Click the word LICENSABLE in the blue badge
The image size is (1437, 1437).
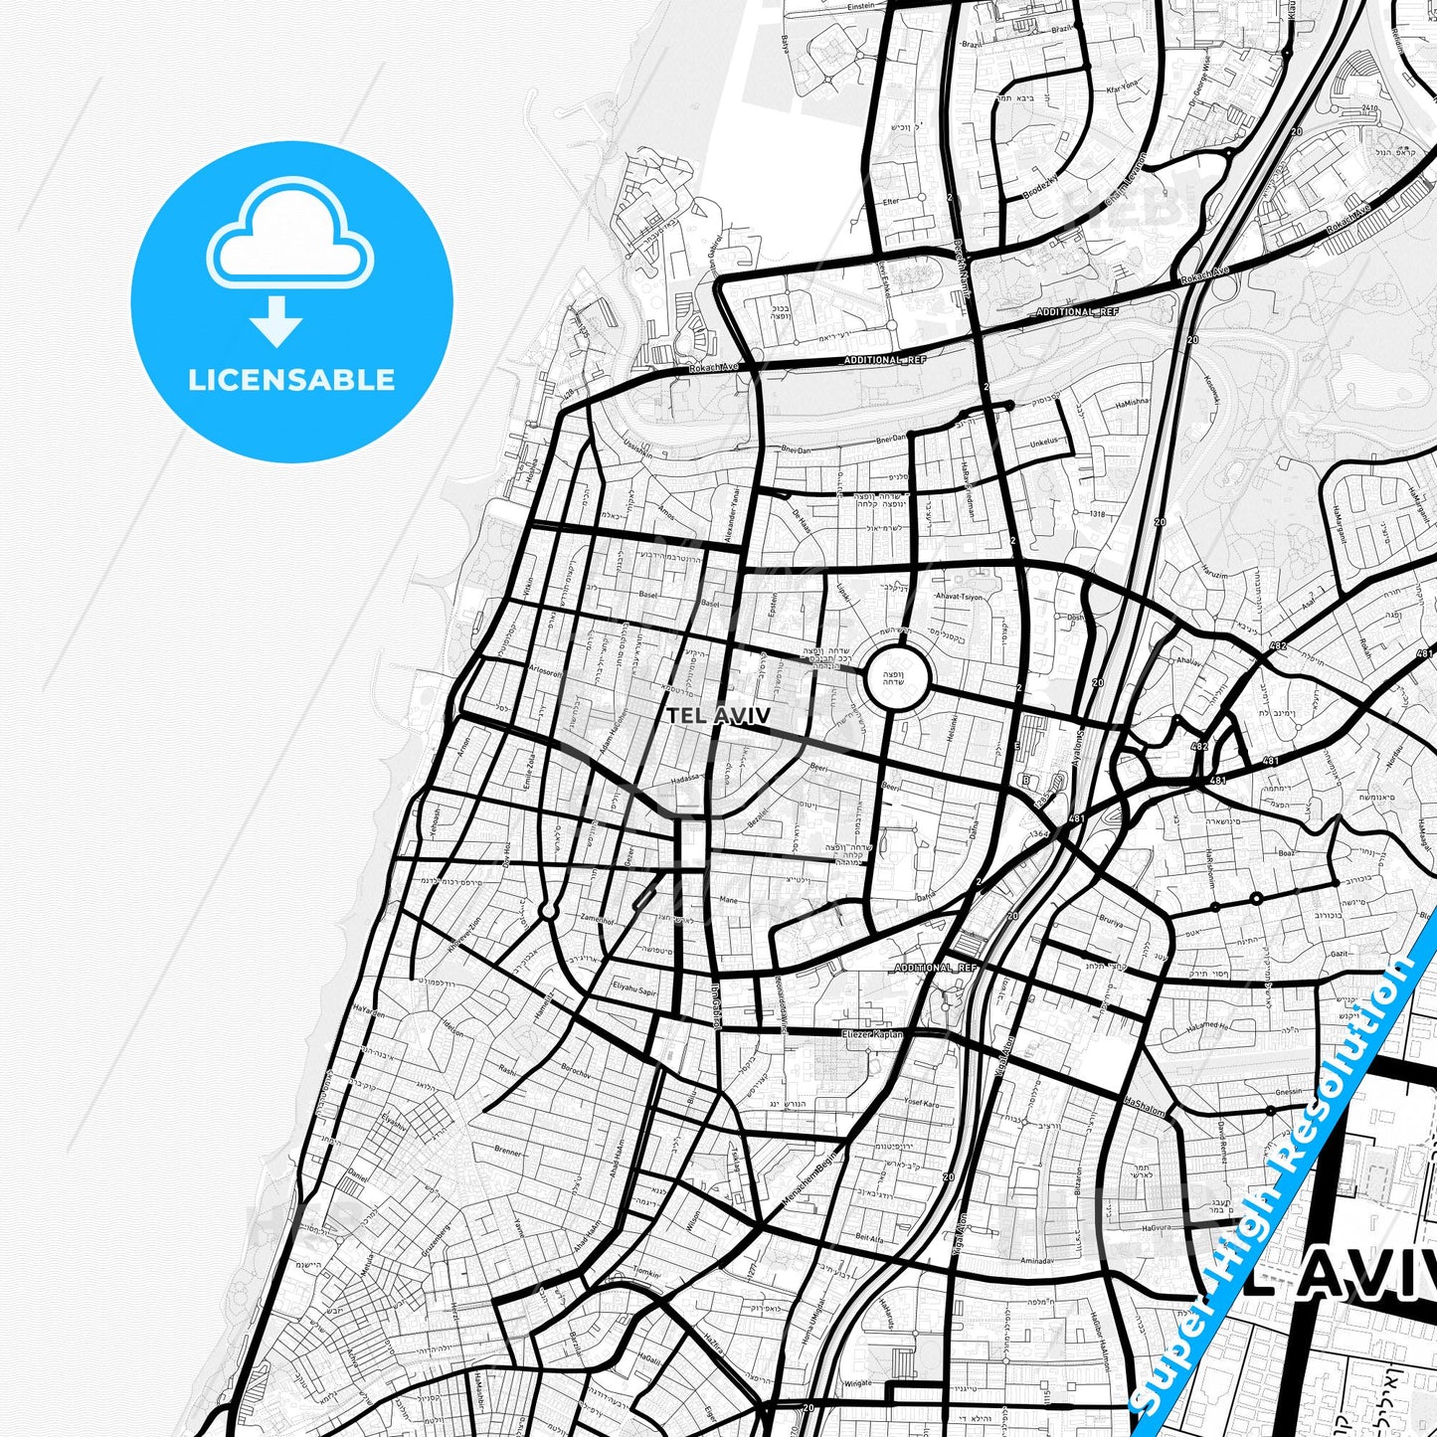click(x=291, y=380)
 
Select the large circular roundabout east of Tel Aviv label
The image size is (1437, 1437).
click(x=897, y=679)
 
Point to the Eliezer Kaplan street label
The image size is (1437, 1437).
click(x=872, y=1034)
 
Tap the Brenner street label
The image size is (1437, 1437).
click(x=507, y=1152)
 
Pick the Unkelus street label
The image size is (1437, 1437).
click(x=1043, y=443)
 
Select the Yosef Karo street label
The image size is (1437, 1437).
click(x=922, y=1104)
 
